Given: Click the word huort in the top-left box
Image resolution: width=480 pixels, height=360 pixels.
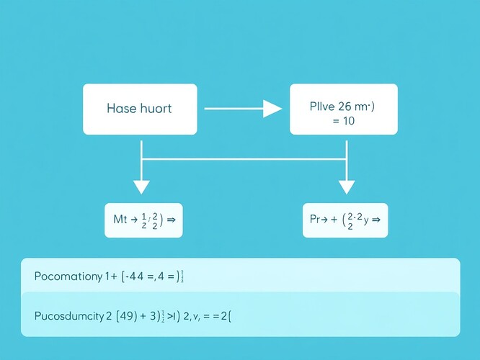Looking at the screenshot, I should pos(156,109).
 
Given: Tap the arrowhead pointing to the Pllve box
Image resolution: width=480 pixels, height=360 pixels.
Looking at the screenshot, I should pos(272,109).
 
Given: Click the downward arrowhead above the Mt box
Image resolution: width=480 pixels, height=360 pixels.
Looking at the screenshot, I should pos(141,186).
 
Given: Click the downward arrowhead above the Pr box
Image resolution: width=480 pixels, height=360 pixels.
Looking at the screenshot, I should pos(347,186).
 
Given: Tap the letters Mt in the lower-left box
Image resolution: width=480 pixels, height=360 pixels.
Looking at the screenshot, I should pos(120,220).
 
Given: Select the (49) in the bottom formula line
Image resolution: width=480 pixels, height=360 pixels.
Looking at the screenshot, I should pos(127,315).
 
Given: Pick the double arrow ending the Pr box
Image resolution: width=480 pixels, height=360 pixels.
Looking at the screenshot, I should pos(375,220).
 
